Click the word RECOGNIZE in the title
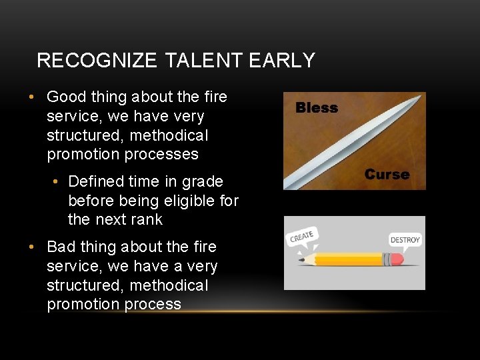pos(97,61)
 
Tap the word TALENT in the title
pos(203,61)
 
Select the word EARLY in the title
pos(281,61)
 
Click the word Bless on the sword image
pos(317,108)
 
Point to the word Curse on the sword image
pos(387,175)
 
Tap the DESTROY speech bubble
pos(405,239)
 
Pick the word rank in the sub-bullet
pos(147,219)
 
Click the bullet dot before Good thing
pos(31,97)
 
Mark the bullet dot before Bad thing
pos(31,247)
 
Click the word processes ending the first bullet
pos(165,155)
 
